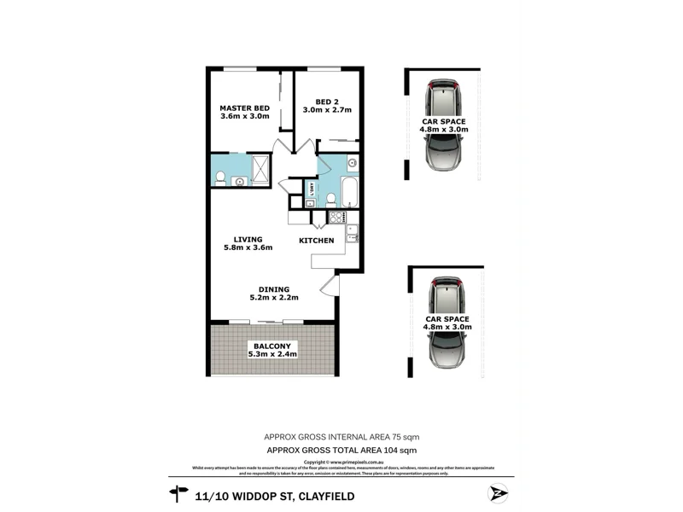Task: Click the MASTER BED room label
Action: [x=244, y=112]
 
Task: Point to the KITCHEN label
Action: [x=316, y=241]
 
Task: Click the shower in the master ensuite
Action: [x=260, y=170]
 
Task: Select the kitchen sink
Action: [x=351, y=232]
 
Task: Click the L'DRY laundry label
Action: [x=312, y=189]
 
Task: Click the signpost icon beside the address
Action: [x=178, y=492]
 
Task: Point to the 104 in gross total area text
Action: [x=389, y=450]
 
